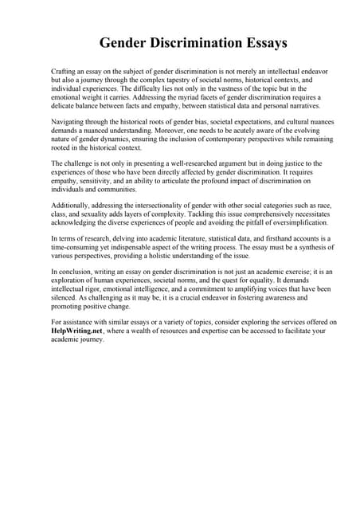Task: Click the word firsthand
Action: pyautogui.click(x=256, y=239)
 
